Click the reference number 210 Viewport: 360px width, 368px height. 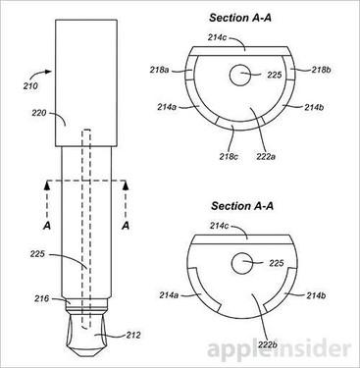[x=30, y=86]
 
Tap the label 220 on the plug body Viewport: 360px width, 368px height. [x=39, y=113]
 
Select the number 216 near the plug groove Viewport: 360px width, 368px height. [x=42, y=298]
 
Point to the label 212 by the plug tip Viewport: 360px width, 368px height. [x=133, y=336]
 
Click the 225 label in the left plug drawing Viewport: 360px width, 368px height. [x=37, y=254]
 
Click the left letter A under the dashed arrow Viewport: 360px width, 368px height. [x=47, y=226]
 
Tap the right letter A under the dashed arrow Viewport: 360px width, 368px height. [x=126, y=226]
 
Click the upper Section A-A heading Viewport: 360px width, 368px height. [x=240, y=18]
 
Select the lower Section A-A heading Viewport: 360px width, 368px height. [x=242, y=206]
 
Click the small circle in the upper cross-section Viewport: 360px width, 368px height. [x=241, y=75]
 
